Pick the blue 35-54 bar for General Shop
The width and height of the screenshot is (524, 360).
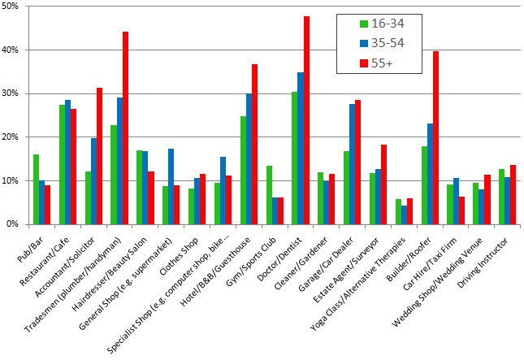click(171, 186)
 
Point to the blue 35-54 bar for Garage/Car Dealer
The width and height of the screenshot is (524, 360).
click(353, 163)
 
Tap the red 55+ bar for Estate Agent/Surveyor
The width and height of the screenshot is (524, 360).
click(384, 184)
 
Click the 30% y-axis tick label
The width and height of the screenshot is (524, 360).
click(15, 93)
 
